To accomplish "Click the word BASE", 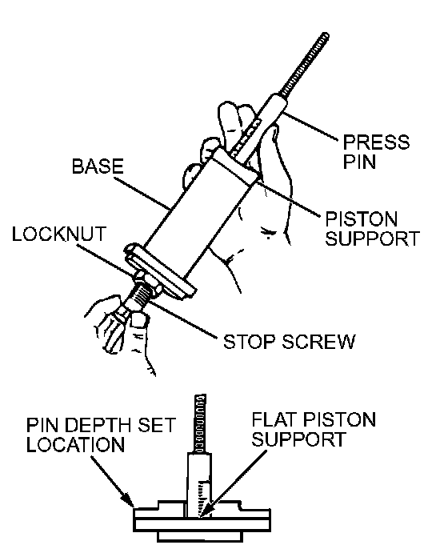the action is click(x=98, y=166).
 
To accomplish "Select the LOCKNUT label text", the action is click(x=59, y=234).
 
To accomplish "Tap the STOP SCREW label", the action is click(x=289, y=342).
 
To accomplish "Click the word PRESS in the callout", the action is click(x=376, y=142).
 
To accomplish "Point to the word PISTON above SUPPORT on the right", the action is click(x=362, y=219).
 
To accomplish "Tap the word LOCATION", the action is click(x=75, y=445).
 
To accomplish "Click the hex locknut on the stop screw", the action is click(x=147, y=283).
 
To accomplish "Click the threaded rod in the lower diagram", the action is click(x=200, y=423).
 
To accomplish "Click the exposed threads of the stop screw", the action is click(x=139, y=296).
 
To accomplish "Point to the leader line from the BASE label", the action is click(x=142, y=194).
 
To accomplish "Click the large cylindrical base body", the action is click(x=198, y=218).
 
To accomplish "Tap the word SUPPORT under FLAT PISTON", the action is click(x=299, y=439).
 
